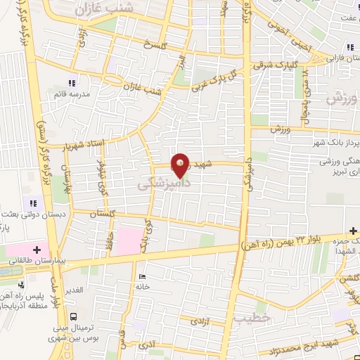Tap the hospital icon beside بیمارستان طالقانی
tap(36, 248)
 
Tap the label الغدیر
tap(74, 290)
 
